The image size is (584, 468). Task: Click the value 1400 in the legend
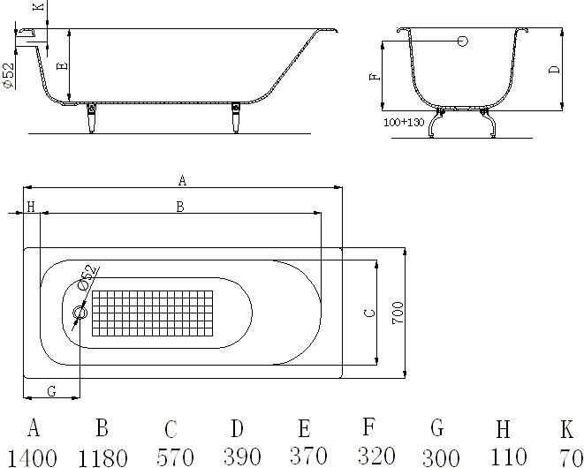click(33, 457)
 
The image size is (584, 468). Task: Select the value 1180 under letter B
click(102, 457)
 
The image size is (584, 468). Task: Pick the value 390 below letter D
click(237, 457)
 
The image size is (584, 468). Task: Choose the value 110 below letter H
click(503, 457)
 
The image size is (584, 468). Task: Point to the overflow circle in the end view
click(462, 41)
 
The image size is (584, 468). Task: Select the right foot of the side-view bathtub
click(236, 117)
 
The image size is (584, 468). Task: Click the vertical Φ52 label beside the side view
click(7, 74)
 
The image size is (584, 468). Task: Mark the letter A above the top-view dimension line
click(182, 180)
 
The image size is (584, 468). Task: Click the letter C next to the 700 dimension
click(371, 312)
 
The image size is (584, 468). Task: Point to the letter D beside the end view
click(554, 69)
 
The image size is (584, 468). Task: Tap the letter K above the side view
click(36, 7)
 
